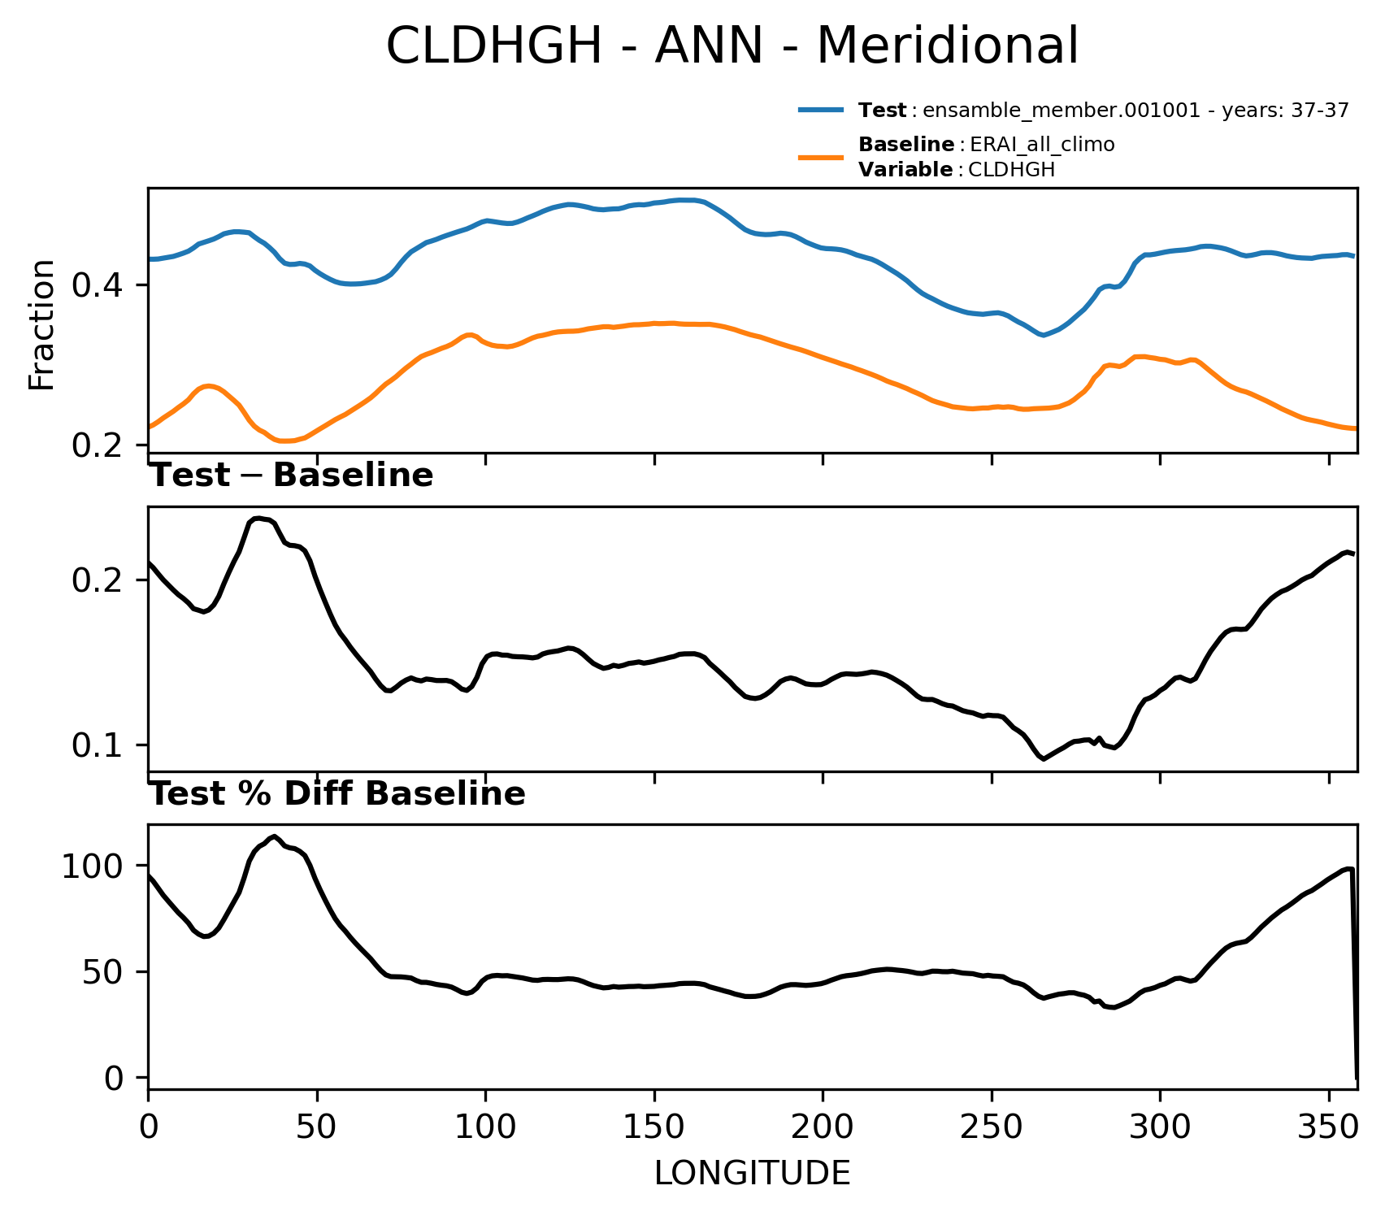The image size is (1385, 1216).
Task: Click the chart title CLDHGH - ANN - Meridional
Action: click(x=732, y=46)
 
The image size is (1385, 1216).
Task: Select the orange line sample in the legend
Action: click(x=822, y=157)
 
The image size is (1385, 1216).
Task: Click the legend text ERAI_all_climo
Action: click(x=1042, y=145)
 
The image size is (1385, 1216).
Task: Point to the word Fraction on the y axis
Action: click(x=41, y=325)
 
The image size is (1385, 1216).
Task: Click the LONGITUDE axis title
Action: click(x=752, y=1173)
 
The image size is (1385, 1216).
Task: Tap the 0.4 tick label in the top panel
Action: click(x=95, y=285)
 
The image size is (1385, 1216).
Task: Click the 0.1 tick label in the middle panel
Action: click(x=95, y=745)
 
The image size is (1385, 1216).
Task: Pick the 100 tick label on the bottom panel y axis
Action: click(x=90, y=866)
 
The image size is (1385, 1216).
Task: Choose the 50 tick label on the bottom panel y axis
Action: click(x=101, y=971)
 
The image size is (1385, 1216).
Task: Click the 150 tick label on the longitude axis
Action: click(x=654, y=1128)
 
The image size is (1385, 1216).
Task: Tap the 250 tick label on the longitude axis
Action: click(x=992, y=1128)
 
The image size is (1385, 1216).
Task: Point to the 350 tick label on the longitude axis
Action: click(x=1329, y=1128)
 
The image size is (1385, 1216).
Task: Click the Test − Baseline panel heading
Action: click(x=292, y=476)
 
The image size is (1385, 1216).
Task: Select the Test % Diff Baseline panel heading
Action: click(x=338, y=794)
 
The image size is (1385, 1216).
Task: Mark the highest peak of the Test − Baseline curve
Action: click(x=258, y=519)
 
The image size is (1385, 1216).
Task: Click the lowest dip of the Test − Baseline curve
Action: click(x=1044, y=758)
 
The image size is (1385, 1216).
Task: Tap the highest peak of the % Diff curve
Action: click(x=275, y=836)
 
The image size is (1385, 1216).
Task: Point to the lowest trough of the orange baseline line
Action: click(x=285, y=441)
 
